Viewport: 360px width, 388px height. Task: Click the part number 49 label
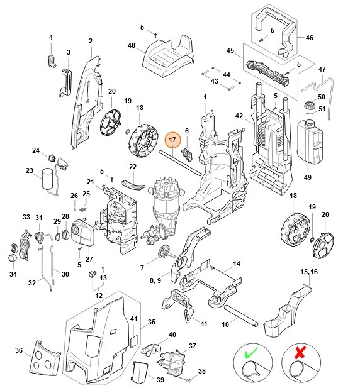(308, 177)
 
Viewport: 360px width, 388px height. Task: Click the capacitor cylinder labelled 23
(47, 178)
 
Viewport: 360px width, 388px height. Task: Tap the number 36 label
(18, 351)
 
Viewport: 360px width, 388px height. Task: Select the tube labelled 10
(239, 313)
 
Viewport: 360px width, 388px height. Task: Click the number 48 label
(132, 45)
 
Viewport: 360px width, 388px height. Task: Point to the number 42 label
(239, 116)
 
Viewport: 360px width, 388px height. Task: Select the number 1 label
(204, 97)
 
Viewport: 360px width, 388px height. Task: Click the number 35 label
(151, 322)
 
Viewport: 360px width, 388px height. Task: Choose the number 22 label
(133, 167)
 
